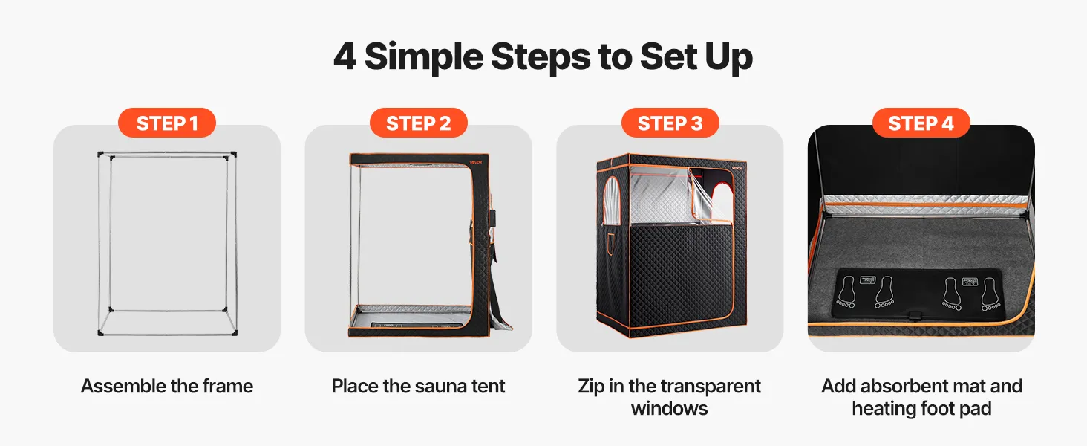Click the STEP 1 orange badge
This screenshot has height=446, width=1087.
coord(167,123)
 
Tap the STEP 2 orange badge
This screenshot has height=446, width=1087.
coord(418,123)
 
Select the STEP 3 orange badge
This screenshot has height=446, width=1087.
coord(670,123)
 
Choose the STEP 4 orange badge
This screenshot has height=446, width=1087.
coord(921,123)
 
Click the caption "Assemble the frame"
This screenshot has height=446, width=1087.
coord(167,387)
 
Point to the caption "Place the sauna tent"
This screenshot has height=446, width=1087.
coord(418,387)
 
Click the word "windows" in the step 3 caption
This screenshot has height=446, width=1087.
coord(670,409)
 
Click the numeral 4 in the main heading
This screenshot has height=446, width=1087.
coord(345,56)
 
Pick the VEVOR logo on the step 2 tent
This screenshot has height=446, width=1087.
coord(475,162)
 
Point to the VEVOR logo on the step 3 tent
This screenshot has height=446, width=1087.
coord(737,169)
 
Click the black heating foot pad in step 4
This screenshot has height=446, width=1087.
coord(917,294)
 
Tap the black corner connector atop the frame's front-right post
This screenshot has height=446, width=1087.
coord(233,155)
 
